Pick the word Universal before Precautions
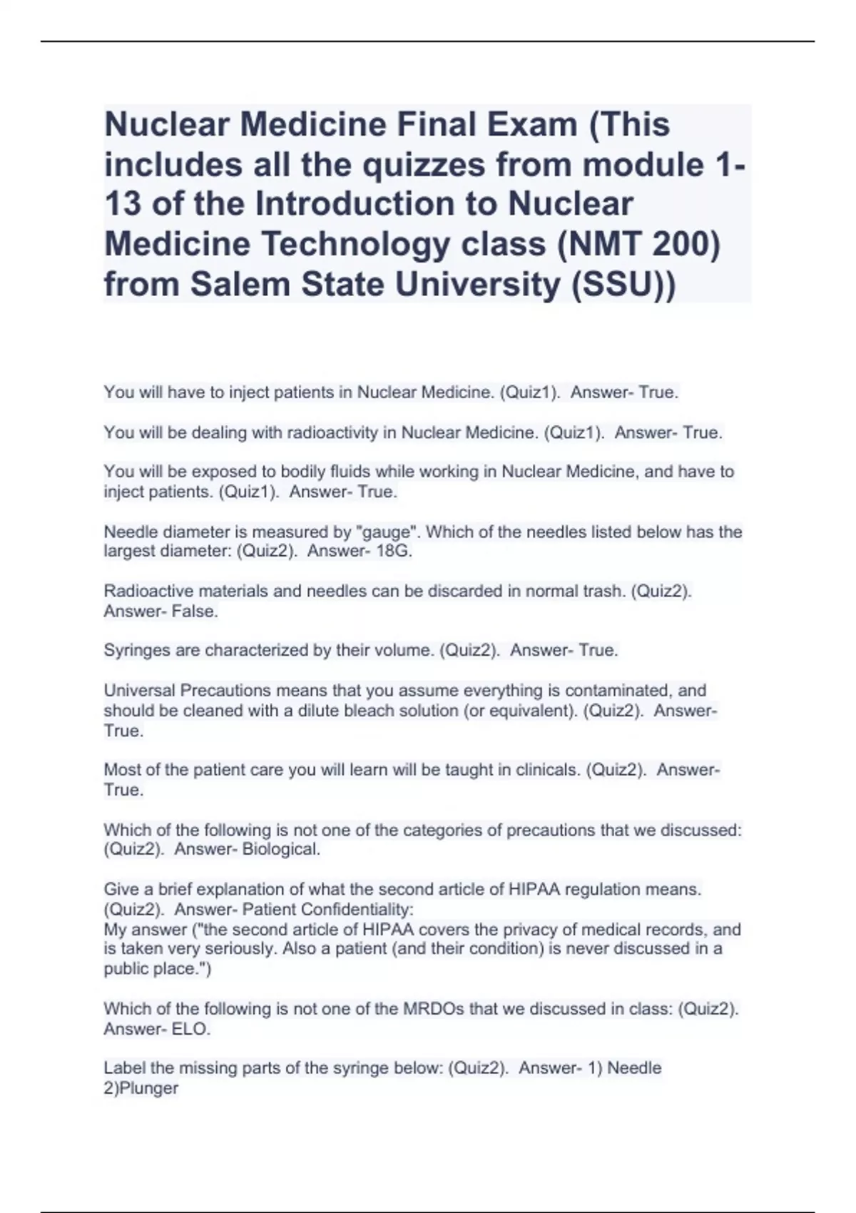pos(139,691)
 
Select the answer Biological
pos(281,849)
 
